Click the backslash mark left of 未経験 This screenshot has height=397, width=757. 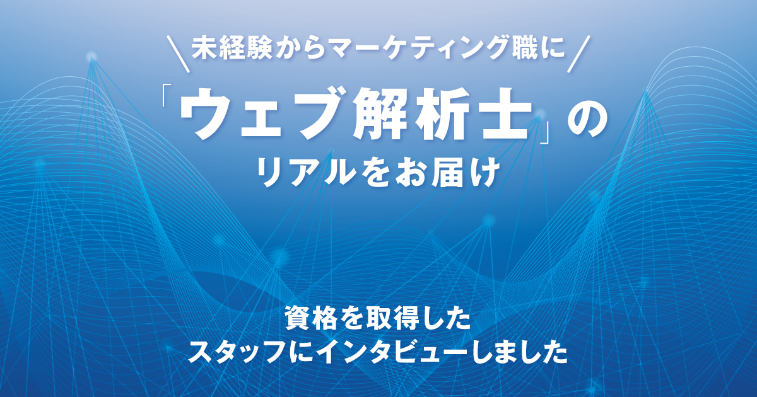178,54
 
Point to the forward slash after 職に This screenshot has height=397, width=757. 579,54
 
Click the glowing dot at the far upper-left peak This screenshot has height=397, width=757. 91,56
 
